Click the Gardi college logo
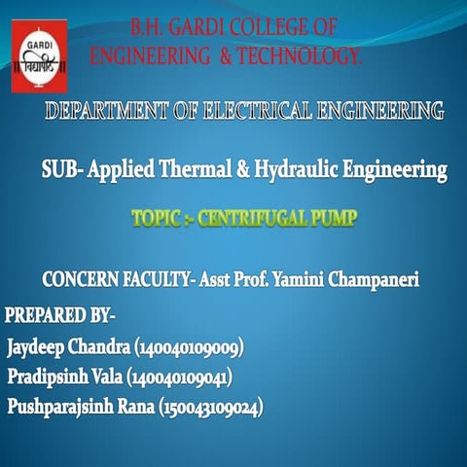tap(39, 60)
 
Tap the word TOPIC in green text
tap(156, 220)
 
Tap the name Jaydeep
tap(39, 346)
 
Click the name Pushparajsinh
tap(58, 406)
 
